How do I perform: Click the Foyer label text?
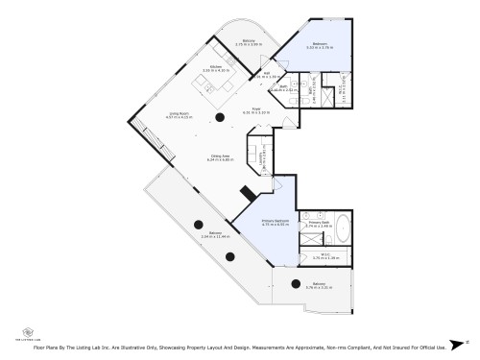tap(256, 108)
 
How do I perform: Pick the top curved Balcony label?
tap(249, 40)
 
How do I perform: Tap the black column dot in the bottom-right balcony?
tap(291, 283)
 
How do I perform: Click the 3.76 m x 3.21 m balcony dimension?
tap(320, 287)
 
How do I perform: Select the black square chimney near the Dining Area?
tap(247, 192)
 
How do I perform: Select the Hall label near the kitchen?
tap(266, 72)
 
